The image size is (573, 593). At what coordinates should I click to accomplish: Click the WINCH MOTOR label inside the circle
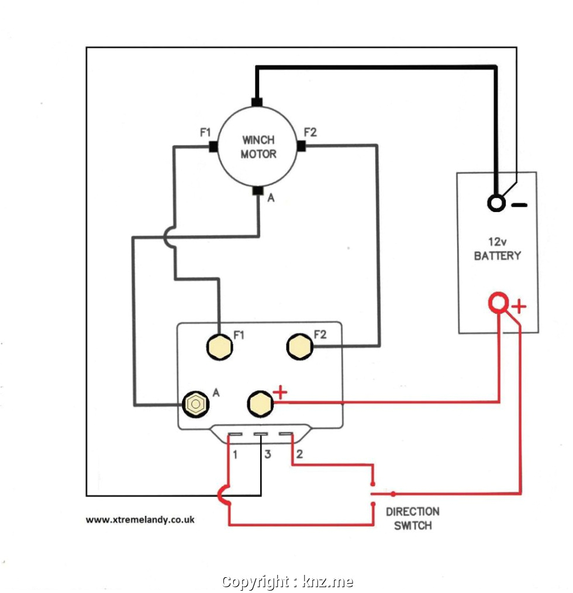(258, 147)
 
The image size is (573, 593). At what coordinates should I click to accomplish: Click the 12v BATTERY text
(497, 249)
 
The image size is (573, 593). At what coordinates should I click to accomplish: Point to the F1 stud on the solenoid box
(219, 347)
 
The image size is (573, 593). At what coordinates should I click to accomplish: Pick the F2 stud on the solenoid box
(299, 347)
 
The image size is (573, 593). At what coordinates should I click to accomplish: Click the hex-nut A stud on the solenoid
(195, 404)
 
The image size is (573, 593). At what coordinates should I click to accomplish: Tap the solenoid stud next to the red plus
(260, 404)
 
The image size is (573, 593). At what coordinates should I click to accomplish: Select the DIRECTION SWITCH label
(412, 518)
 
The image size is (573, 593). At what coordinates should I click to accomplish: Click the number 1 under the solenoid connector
(235, 454)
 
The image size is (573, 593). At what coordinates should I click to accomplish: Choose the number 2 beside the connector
(299, 454)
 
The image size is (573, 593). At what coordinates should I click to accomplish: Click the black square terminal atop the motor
(257, 102)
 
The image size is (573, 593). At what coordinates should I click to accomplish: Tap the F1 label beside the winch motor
(205, 133)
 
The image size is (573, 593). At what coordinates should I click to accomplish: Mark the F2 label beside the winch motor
(310, 133)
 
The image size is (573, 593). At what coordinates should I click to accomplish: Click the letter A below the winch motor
(271, 199)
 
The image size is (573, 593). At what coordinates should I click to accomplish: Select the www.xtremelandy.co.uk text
(140, 519)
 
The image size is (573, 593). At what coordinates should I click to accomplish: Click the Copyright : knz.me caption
(287, 582)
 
